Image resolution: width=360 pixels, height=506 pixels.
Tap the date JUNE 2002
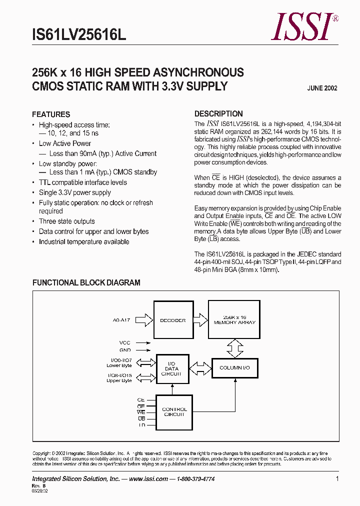point(322,88)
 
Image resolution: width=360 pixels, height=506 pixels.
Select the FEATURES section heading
point(51,114)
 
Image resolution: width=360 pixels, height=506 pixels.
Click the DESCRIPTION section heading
point(218,113)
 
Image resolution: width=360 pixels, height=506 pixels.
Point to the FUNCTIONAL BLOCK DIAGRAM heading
point(86,282)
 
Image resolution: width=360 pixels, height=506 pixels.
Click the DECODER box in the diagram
point(172,320)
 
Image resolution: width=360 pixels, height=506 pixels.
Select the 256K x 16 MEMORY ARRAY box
point(234,320)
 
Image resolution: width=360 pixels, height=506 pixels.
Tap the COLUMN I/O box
point(234,367)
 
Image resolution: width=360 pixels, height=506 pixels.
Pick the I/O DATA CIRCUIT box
point(171,369)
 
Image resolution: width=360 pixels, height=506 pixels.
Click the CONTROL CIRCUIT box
point(174,411)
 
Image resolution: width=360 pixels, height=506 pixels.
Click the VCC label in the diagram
point(124,343)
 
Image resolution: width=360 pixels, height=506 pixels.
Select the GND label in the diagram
point(124,350)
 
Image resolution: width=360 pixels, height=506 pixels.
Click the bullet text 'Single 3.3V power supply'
point(75,192)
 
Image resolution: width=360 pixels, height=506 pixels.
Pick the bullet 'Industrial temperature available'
point(84,242)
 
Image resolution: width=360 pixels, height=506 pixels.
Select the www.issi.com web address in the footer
point(148,479)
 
